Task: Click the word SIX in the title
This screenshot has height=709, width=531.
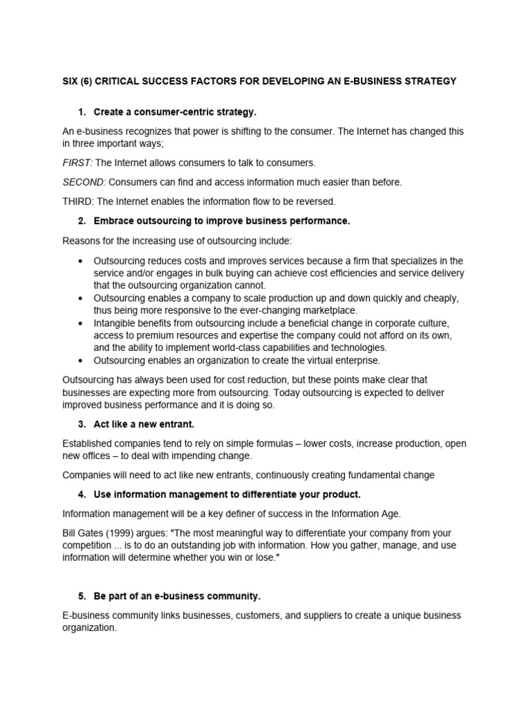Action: tap(71, 81)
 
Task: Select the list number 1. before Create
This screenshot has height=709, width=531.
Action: tap(82, 111)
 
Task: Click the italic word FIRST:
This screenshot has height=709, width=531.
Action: tap(77, 163)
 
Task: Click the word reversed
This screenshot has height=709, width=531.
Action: tap(315, 201)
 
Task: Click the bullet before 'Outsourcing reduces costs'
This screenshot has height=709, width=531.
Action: tap(82, 260)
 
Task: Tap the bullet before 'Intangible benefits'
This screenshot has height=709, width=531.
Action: tap(82, 323)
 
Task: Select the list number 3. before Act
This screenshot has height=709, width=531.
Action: tap(82, 424)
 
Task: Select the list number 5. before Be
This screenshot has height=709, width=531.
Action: tap(82, 596)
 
